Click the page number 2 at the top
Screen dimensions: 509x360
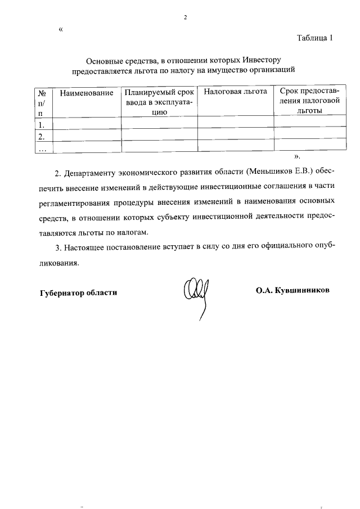tap(184, 17)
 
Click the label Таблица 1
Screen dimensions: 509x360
tap(316, 38)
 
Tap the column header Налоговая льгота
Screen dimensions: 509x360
tap(235, 92)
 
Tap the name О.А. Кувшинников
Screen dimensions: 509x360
tap(292, 290)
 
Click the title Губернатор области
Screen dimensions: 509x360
tap(79, 292)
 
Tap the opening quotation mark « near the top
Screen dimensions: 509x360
tap(61, 29)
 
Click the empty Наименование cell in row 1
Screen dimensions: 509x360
tap(87, 125)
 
